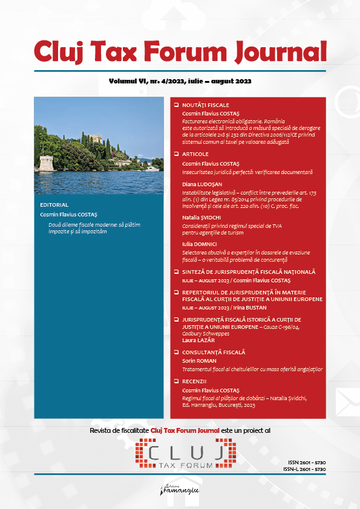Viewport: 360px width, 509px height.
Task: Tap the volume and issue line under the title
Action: click(180, 81)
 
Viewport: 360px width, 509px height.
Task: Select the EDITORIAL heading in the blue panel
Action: click(54, 205)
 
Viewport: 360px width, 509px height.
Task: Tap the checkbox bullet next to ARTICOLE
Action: click(176, 154)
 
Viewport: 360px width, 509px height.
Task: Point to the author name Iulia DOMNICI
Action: click(201, 243)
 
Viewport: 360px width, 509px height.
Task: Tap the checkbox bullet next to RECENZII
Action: click(176, 381)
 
